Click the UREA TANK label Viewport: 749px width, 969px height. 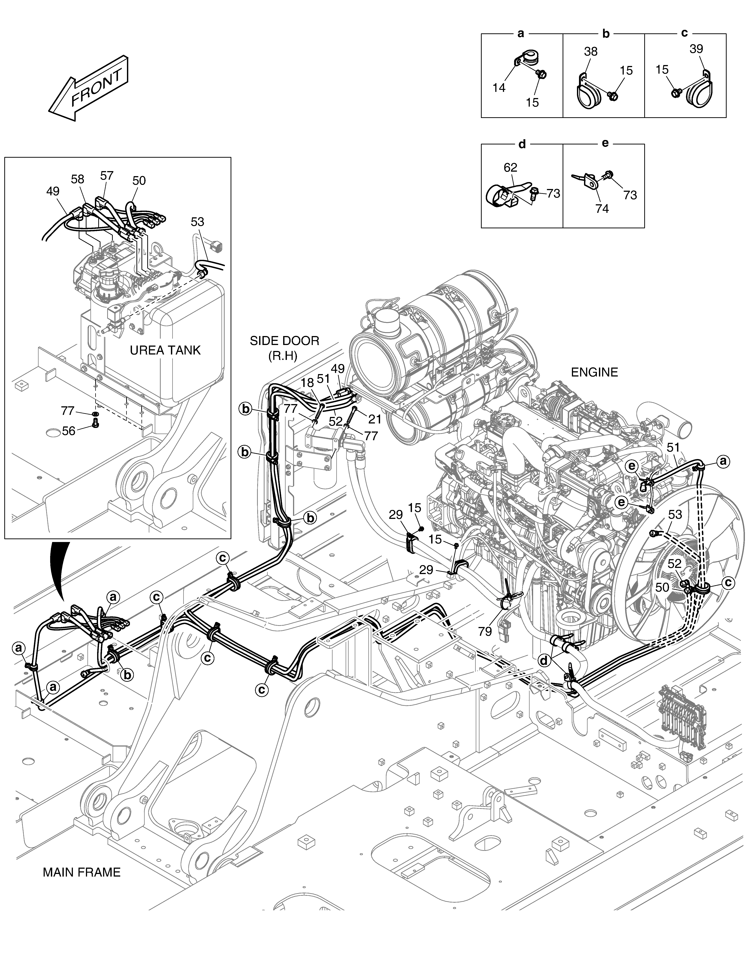[x=165, y=351]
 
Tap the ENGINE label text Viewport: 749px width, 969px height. [x=594, y=372]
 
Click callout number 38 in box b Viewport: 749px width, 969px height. [x=591, y=51]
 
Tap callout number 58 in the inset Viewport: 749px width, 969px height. [x=78, y=179]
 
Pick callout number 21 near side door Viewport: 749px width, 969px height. [x=375, y=419]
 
